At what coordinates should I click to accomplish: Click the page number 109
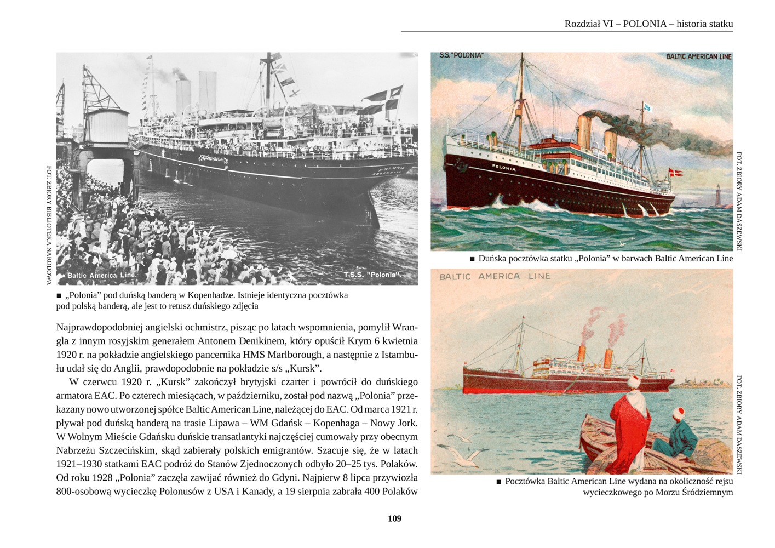point(394,518)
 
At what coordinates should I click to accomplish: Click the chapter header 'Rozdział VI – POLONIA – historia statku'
point(648,24)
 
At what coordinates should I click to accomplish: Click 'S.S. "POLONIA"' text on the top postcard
point(461,55)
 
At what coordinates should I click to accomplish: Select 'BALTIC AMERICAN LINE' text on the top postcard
point(698,56)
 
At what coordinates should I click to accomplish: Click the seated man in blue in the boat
point(677,436)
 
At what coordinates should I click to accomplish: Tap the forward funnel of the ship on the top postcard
point(584,132)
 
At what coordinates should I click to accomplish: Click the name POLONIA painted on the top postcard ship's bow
point(503,168)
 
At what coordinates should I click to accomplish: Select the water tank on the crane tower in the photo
point(107,125)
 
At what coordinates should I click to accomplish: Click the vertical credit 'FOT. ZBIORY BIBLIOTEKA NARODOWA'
point(49,225)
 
